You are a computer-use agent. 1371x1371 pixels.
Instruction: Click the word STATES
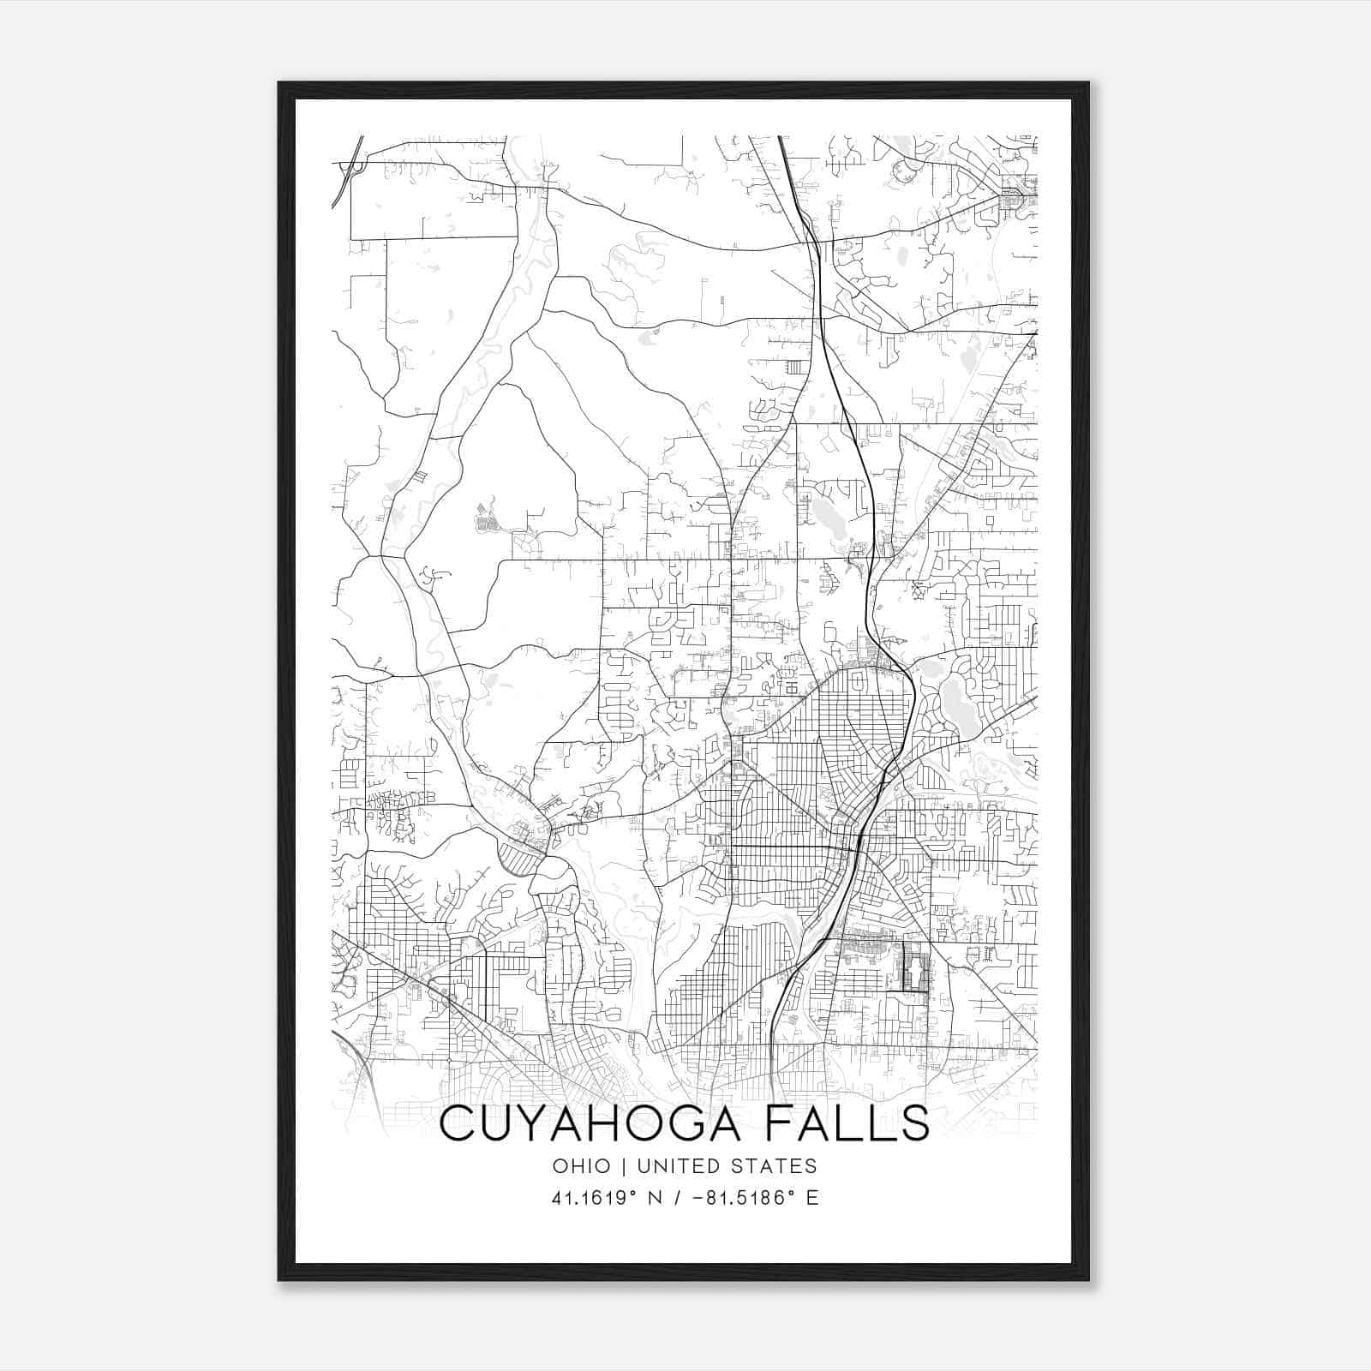[x=775, y=1166]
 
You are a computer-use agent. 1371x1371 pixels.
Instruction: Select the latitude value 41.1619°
[x=595, y=1198]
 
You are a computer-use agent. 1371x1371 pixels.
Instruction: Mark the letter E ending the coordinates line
[x=812, y=1198]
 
